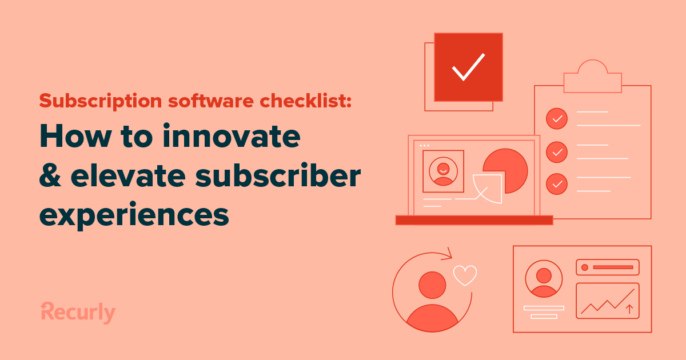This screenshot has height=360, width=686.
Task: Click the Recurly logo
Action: pos(78,312)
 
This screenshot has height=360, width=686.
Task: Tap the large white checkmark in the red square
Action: pos(468,67)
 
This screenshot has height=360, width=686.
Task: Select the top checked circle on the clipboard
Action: pos(556,119)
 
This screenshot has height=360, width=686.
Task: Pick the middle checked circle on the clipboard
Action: pos(556,152)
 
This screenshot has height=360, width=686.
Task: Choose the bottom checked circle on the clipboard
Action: pos(556,184)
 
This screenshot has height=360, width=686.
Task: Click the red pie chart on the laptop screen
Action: pos(505,166)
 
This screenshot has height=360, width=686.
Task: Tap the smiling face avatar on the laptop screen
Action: pos(443,170)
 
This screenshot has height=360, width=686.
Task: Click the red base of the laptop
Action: pos(474,220)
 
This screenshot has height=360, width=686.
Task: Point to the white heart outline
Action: pos(465,275)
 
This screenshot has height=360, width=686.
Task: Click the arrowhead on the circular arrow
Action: pos(448,253)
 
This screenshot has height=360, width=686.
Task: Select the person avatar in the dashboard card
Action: pos(544,279)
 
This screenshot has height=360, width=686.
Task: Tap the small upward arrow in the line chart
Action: pos(629,309)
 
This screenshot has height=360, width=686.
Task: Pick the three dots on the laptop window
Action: pos(424,145)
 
